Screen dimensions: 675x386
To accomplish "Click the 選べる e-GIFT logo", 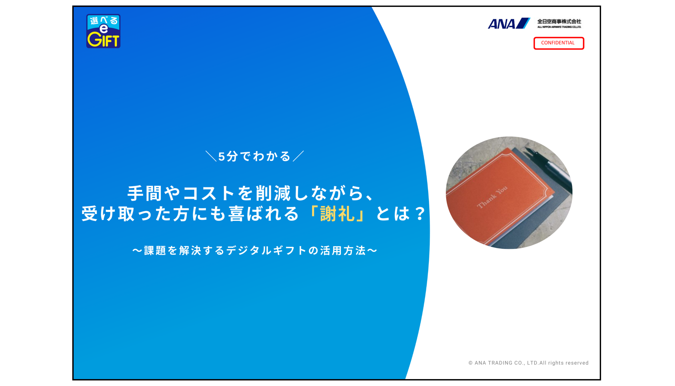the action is point(103,31).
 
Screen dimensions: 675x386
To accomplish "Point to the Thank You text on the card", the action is point(492,197).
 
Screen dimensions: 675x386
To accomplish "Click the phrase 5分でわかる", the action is point(254,156).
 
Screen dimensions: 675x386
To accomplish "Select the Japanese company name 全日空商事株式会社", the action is point(559,21).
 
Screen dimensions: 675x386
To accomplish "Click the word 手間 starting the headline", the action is point(145,193).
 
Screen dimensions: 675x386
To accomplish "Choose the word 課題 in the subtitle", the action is point(155,251).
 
